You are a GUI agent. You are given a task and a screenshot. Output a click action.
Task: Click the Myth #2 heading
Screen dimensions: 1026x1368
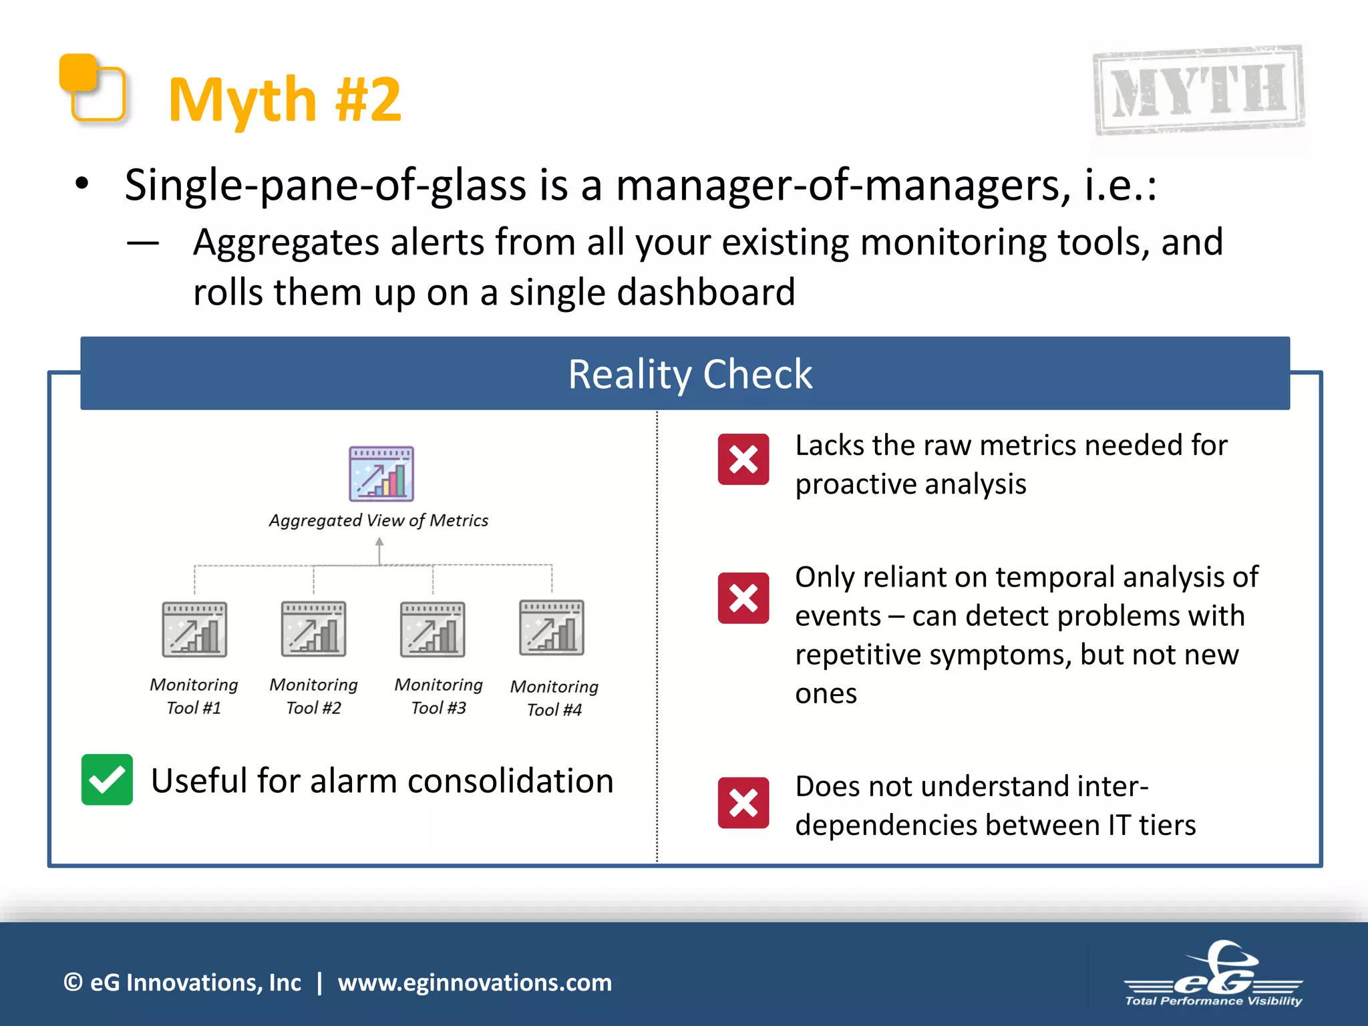[x=285, y=100]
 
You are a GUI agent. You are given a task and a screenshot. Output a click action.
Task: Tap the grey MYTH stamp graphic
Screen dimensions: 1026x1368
[x=1198, y=90]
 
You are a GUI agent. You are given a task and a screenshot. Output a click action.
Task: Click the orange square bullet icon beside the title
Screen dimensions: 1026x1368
[x=93, y=88]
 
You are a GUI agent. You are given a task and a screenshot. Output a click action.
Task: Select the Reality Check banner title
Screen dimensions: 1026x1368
[x=689, y=374]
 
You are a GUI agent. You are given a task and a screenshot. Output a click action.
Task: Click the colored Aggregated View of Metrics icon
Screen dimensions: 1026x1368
[x=381, y=474]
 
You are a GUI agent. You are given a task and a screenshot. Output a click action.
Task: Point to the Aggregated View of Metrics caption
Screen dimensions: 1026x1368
[x=378, y=520]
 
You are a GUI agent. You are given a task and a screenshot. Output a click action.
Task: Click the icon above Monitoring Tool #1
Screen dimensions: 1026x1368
[x=194, y=629]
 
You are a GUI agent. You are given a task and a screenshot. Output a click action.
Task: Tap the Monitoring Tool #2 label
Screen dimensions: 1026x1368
[x=313, y=696]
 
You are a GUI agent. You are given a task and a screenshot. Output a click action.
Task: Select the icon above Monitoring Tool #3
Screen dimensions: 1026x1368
[x=433, y=629]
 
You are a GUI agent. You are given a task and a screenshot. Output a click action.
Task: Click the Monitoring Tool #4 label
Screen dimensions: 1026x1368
[x=554, y=698]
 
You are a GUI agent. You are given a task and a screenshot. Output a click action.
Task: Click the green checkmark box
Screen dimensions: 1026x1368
[x=107, y=780]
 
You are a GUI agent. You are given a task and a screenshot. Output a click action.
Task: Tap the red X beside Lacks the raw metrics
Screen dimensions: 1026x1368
[x=743, y=460]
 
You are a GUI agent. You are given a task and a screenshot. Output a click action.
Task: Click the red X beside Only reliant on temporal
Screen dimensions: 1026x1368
[x=743, y=598]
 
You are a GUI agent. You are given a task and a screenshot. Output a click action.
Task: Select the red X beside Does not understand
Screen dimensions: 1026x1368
[x=743, y=803]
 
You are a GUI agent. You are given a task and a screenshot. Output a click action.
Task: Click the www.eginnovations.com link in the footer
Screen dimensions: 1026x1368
[x=474, y=983]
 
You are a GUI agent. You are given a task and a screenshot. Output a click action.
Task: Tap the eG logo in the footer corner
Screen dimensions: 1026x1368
[x=1213, y=975]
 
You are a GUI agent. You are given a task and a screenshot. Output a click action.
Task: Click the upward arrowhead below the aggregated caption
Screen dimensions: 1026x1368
[x=379, y=542]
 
